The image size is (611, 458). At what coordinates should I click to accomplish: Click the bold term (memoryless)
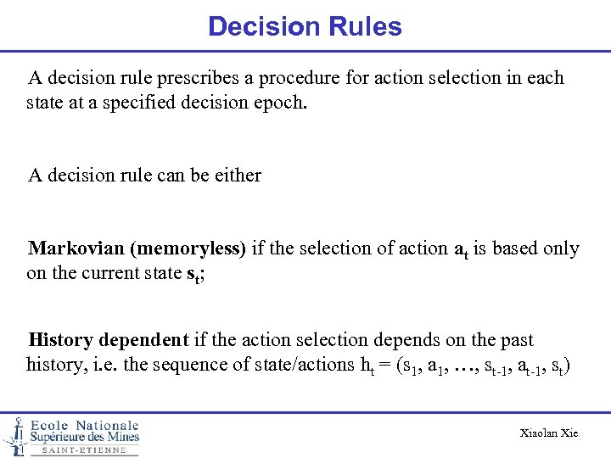[x=188, y=249]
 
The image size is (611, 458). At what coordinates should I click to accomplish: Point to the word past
[x=516, y=341]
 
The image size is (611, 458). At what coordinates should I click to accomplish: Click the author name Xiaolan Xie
[x=548, y=433]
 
